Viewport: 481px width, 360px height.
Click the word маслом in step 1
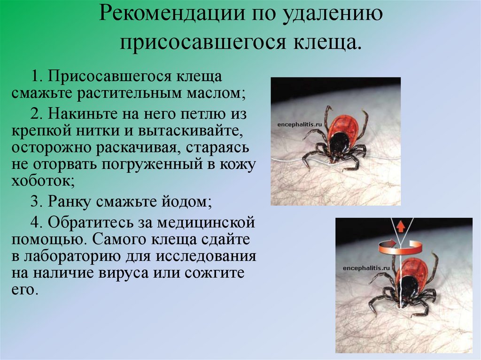(214, 92)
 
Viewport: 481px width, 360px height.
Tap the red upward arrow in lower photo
(401, 227)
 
